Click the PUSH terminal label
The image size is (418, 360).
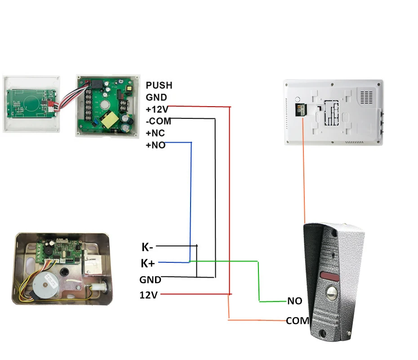pos(159,85)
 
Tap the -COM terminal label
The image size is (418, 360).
pos(158,121)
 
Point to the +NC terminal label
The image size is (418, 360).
pos(155,133)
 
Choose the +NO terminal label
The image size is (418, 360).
pos(156,145)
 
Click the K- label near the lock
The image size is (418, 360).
pos(147,247)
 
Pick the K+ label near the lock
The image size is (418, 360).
pos(148,263)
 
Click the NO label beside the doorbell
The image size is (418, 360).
pos(295,301)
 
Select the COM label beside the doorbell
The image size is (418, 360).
pos(298,321)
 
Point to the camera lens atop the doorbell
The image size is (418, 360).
pos(334,234)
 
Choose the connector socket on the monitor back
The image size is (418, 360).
pos(300,110)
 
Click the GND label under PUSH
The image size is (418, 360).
pos(156,97)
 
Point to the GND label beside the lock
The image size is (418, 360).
pos(150,280)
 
